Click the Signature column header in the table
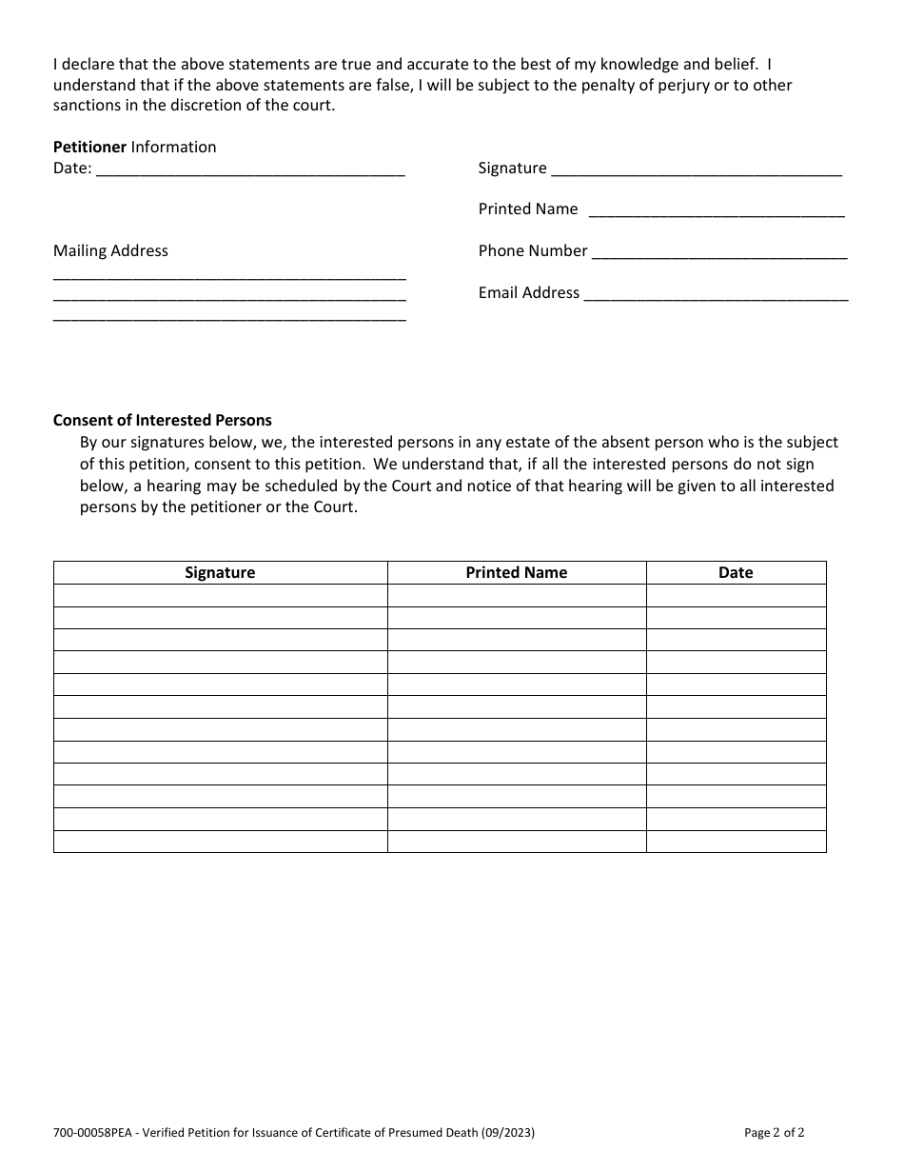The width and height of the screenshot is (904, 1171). (x=220, y=572)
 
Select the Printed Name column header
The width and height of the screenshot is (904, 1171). (x=516, y=572)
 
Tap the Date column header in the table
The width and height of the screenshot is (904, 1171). (x=736, y=572)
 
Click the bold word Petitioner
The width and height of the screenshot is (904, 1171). (x=89, y=147)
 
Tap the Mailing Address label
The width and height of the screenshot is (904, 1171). (x=110, y=250)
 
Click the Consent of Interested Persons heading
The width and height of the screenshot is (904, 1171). (x=162, y=420)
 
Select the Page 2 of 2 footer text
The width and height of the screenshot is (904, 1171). (x=775, y=1133)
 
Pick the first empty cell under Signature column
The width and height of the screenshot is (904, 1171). (x=220, y=596)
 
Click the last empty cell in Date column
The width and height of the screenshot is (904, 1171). (x=736, y=842)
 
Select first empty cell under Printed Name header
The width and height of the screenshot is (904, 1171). (x=516, y=596)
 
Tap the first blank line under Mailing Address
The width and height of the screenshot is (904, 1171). (x=229, y=276)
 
